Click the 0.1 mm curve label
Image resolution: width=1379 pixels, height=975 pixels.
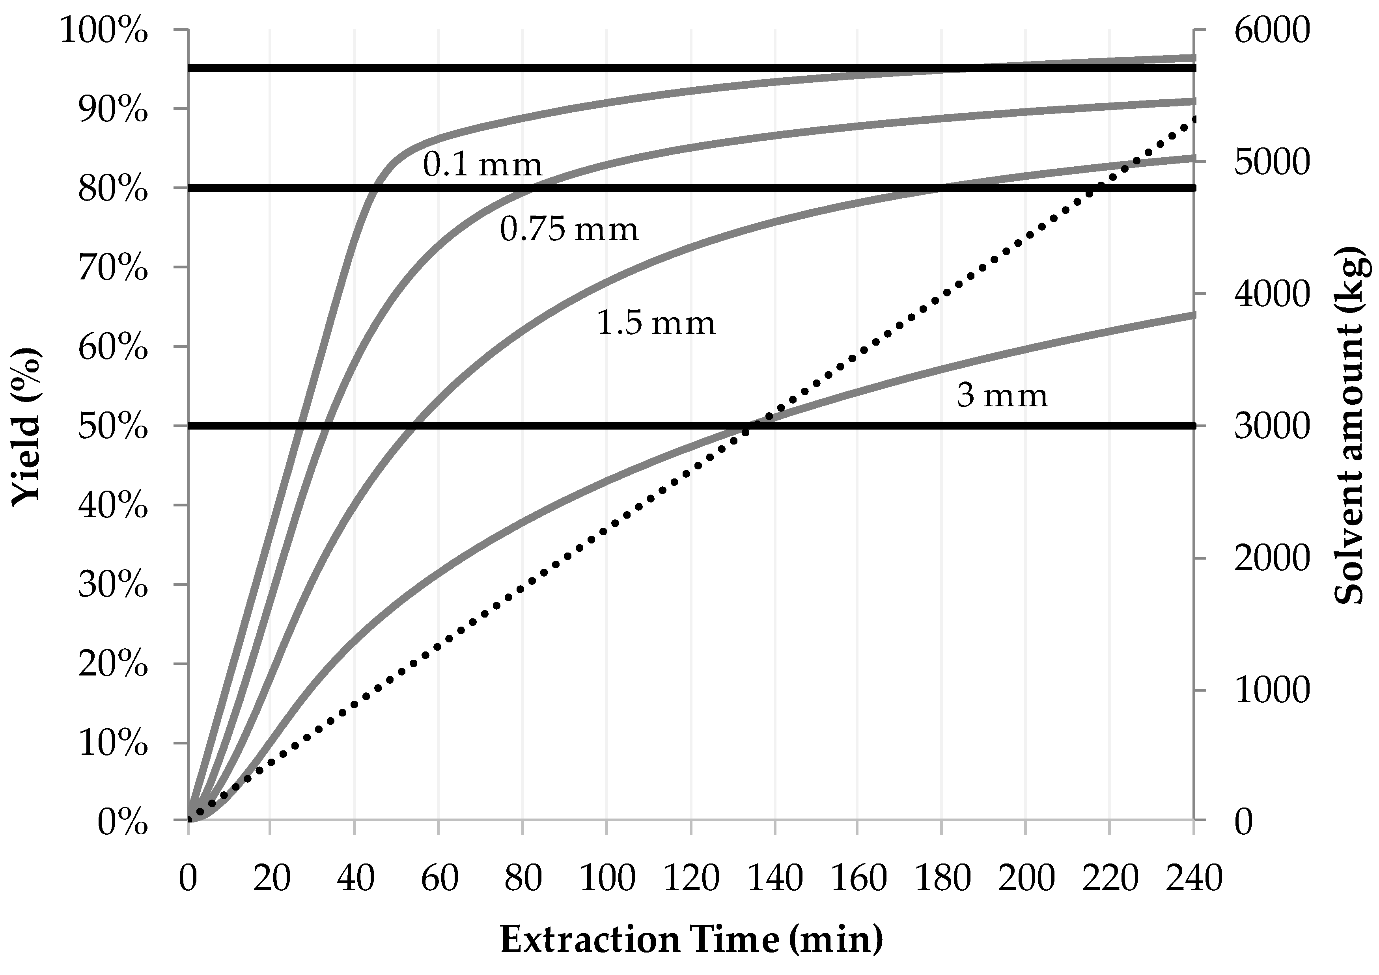(482, 164)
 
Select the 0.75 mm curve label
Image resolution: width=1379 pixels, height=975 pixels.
(569, 230)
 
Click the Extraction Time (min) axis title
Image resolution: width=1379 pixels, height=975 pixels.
(691, 939)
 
